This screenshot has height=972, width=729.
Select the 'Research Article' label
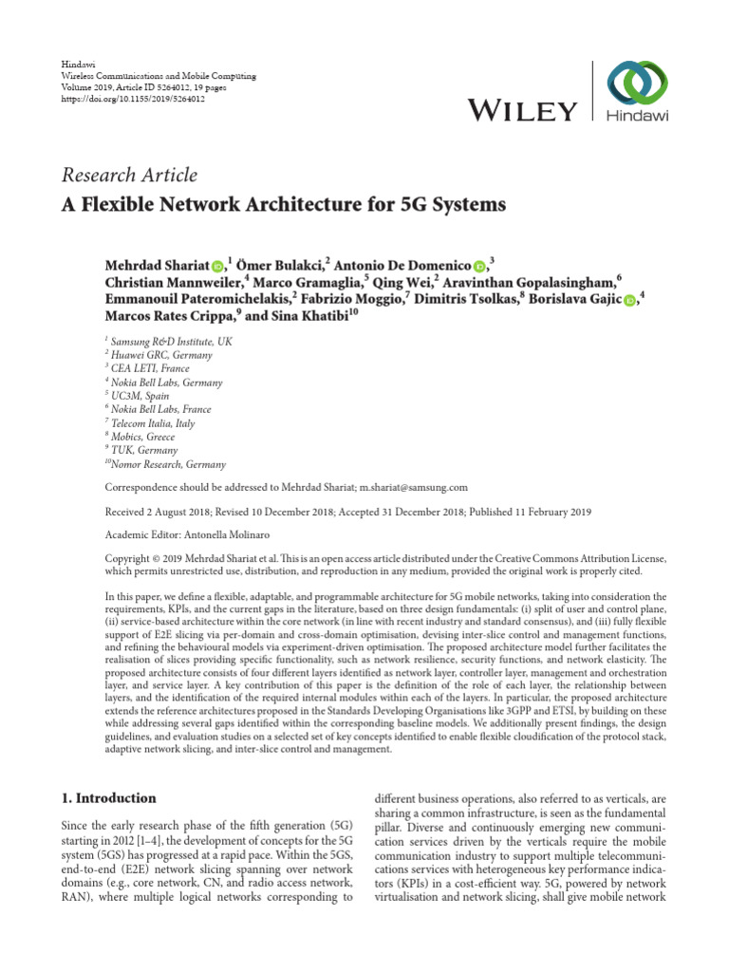129,175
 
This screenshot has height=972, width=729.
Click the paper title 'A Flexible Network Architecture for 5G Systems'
284,204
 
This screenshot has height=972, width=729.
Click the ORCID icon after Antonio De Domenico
479,267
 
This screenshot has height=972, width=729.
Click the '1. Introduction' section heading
108,798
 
